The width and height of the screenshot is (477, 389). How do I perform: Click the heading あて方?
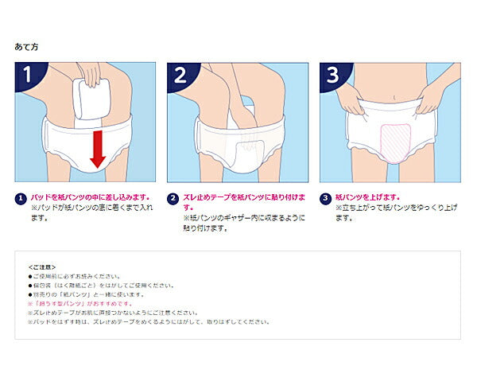click(x=27, y=47)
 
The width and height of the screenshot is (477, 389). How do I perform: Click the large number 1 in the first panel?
click(x=29, y=76)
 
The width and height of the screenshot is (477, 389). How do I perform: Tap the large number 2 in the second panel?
click(x=181, y=76)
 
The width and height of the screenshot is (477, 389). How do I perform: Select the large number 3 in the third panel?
click(x=333, y=76)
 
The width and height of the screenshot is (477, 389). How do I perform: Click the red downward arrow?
click(x=97, y=149)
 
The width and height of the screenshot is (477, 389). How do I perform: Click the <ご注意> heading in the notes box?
click(x=41, y=266)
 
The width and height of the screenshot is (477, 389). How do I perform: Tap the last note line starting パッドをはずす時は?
click(x=148, y=322)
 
